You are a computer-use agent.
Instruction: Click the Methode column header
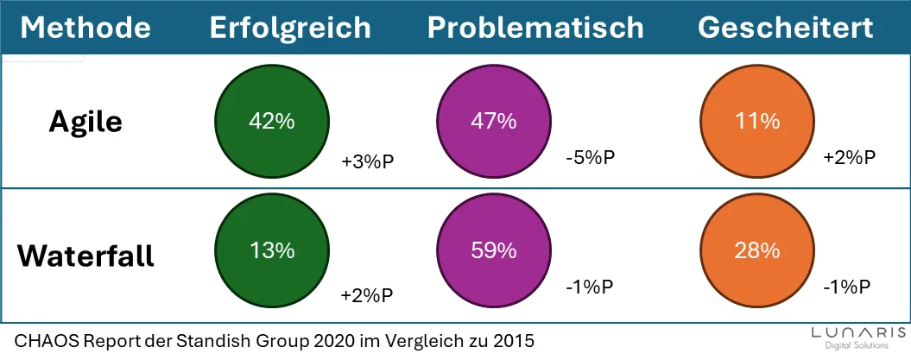pyautogui.click(x=85, y=28)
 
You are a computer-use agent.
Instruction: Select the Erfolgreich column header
pyautogui.click(x=290, y=28)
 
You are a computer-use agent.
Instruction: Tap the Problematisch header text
pyautogui.click(x=535, y=28)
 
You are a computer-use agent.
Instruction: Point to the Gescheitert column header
pyautogui.click(x=785, y=28)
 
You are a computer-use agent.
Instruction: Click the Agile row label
pyautogui.click(x=85, y=123)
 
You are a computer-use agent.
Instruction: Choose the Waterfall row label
pyautogui.click(x=85, y=256)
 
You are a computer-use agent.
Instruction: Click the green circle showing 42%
pyautogui.click(x=272, y=122)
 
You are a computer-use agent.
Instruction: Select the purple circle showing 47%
pyautogui.click(x=495, y=122)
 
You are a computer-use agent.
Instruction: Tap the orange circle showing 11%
pyautogui.click(x=758, y=122)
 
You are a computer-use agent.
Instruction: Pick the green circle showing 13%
pyautogui.click(x=272, y=251)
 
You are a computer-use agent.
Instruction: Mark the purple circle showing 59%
pyautogui.click(x=495, y=251)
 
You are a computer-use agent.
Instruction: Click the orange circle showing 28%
pyautogui.click(x=758, y=251)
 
